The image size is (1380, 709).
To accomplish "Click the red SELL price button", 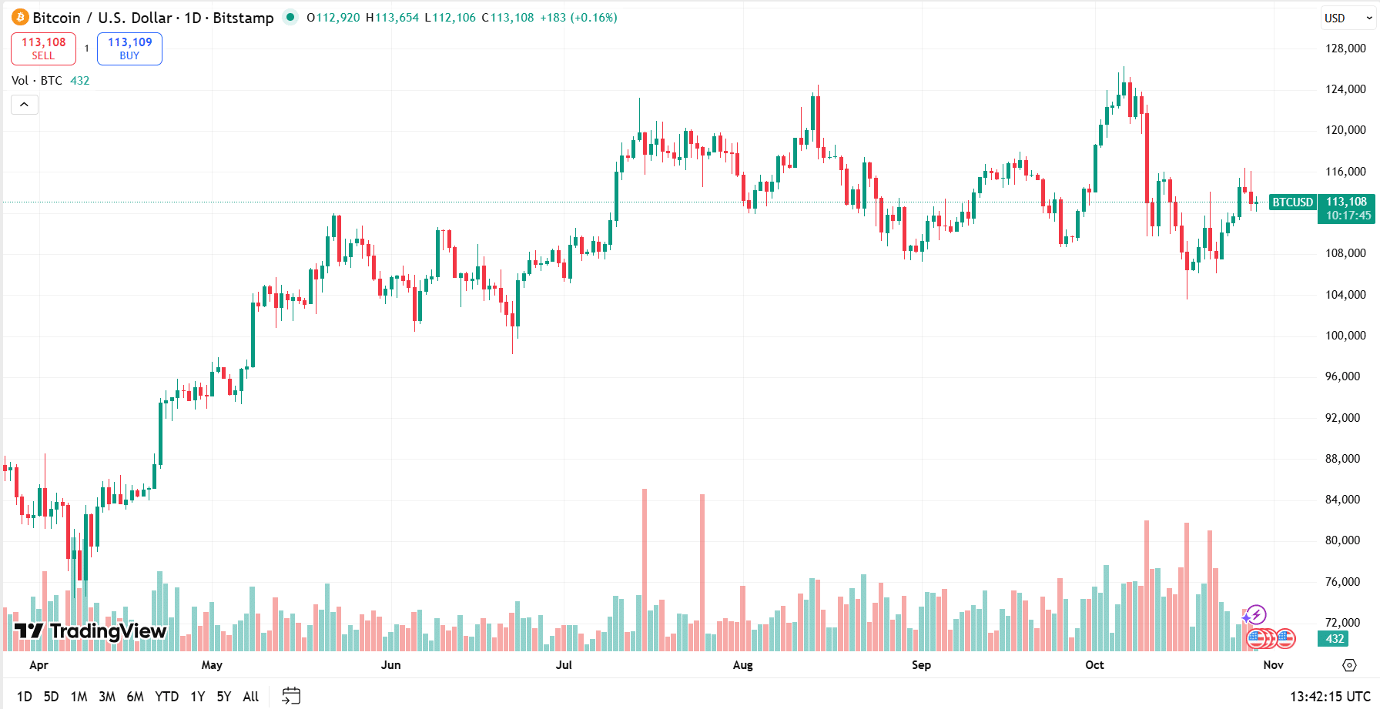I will (x=43, y=48).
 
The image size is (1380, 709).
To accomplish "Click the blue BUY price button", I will (x=129, y=48).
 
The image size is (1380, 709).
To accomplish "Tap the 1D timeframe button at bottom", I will (x=25, y=697).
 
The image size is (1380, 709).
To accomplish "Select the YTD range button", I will (x=166, y=697).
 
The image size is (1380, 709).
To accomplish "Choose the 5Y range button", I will (x=224, y=697).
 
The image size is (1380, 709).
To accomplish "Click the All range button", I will (x=251, y=697).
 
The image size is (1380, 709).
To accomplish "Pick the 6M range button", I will (x=135, y=697).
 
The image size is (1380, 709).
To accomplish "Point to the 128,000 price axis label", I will (x=1345, y=48).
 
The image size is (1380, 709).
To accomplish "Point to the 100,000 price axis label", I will (x=1345, y=336).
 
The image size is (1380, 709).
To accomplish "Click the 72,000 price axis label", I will (x=1345, y=622).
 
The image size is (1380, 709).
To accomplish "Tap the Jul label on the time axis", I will (x=564, y=665).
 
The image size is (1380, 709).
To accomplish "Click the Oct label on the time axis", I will (x=1094, y=665).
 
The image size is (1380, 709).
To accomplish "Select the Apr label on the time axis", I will (x=39, y=665).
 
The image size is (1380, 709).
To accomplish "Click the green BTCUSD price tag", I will (x=1292, y=202).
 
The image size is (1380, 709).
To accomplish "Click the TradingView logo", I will (x=90, y=631).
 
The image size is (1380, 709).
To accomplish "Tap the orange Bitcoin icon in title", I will (x=20, y=18).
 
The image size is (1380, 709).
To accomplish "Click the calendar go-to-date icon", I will (x=291, y=696).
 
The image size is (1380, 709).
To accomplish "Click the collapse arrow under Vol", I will (x=25, y=105).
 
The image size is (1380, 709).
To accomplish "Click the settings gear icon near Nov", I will (x=1349, y=665).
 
